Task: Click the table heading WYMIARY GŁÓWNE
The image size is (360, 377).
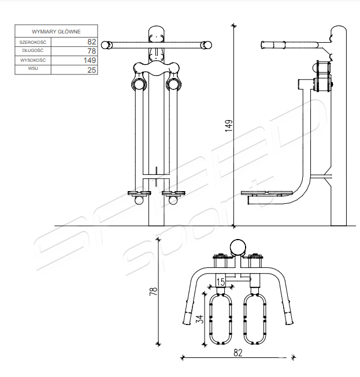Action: pyautogui.click(x=56, y=32)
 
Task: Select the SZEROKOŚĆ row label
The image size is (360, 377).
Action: pyautogui.click(x=33, y=42)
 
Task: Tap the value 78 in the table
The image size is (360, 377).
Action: pyautogui.click(x=92, y=51)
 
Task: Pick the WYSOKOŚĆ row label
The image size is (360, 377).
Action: pyautogui.click(x=33, y=60)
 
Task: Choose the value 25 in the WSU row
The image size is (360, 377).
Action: pyautogui.click(x=92, y=70)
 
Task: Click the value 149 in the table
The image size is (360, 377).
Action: pyautogui.click(x=90, y=60)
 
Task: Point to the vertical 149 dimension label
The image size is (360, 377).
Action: pyautogui.click(x=229, y=125)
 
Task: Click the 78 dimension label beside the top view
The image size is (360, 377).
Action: pyautogui.click(x=154, y=292)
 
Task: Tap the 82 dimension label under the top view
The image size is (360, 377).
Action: pyautogui.click(x=237, y=353)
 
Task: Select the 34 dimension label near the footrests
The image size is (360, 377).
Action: pyautogui.click(x=200, y=319)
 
